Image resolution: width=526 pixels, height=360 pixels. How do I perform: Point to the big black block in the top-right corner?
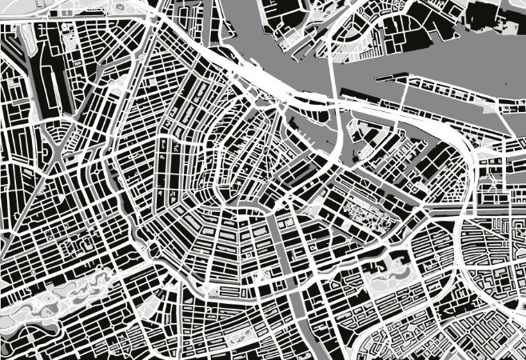488,16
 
